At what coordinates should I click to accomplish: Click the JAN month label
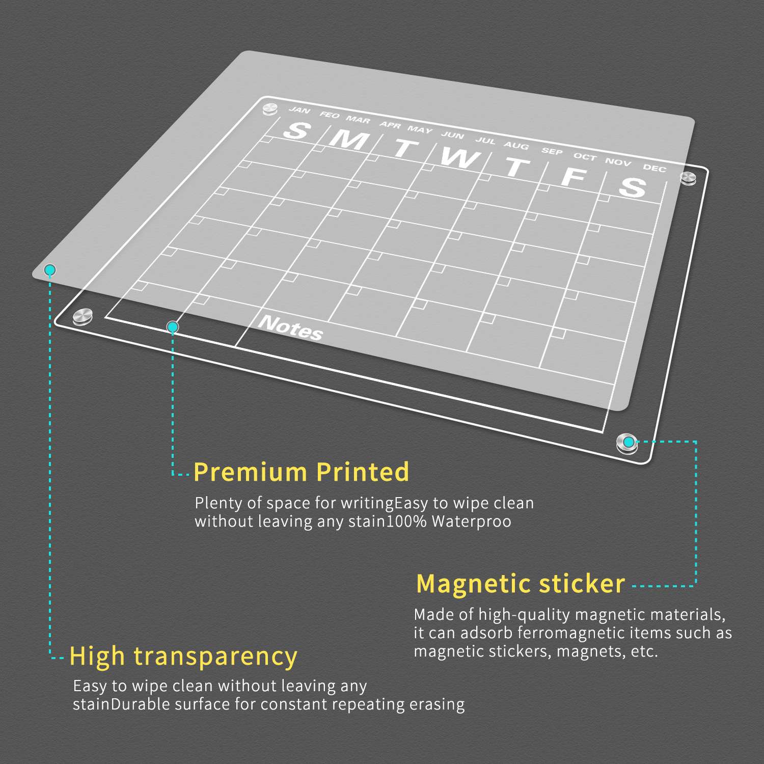(x=299, y=110)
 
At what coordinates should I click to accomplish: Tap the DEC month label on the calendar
(x=654, y=168)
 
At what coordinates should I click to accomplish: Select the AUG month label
(x=516, y=146)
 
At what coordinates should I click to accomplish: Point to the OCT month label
(x=585, y=156)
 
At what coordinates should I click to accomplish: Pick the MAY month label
(x=420, y=129)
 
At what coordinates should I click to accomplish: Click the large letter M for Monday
(x=349, y=139)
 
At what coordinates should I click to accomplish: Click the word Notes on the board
(x=290, y=328)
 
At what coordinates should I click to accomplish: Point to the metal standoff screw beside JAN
(x=269, y=108)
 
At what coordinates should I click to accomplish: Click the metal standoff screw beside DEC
(x=688, y=178)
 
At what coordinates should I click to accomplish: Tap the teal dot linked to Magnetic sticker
(x=630, y=442)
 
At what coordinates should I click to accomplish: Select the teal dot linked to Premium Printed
(x=173, y=326)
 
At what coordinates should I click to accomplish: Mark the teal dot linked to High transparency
(x=49, y=269)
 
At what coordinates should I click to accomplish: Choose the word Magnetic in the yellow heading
(x=474, y=584)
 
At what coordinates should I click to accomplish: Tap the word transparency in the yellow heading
(x=215, y=657)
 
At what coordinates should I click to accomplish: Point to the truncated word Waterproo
(x=472, y=522)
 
